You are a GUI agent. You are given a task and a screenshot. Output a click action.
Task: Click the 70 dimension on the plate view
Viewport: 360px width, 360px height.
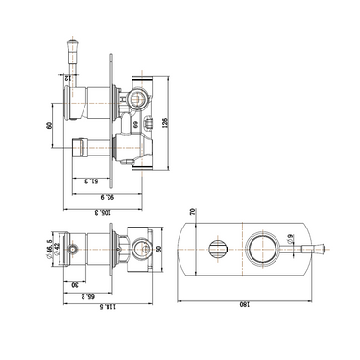(x=191, y=212)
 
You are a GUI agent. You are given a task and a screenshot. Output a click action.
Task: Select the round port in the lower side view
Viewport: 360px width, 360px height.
(x=143, y=248)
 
